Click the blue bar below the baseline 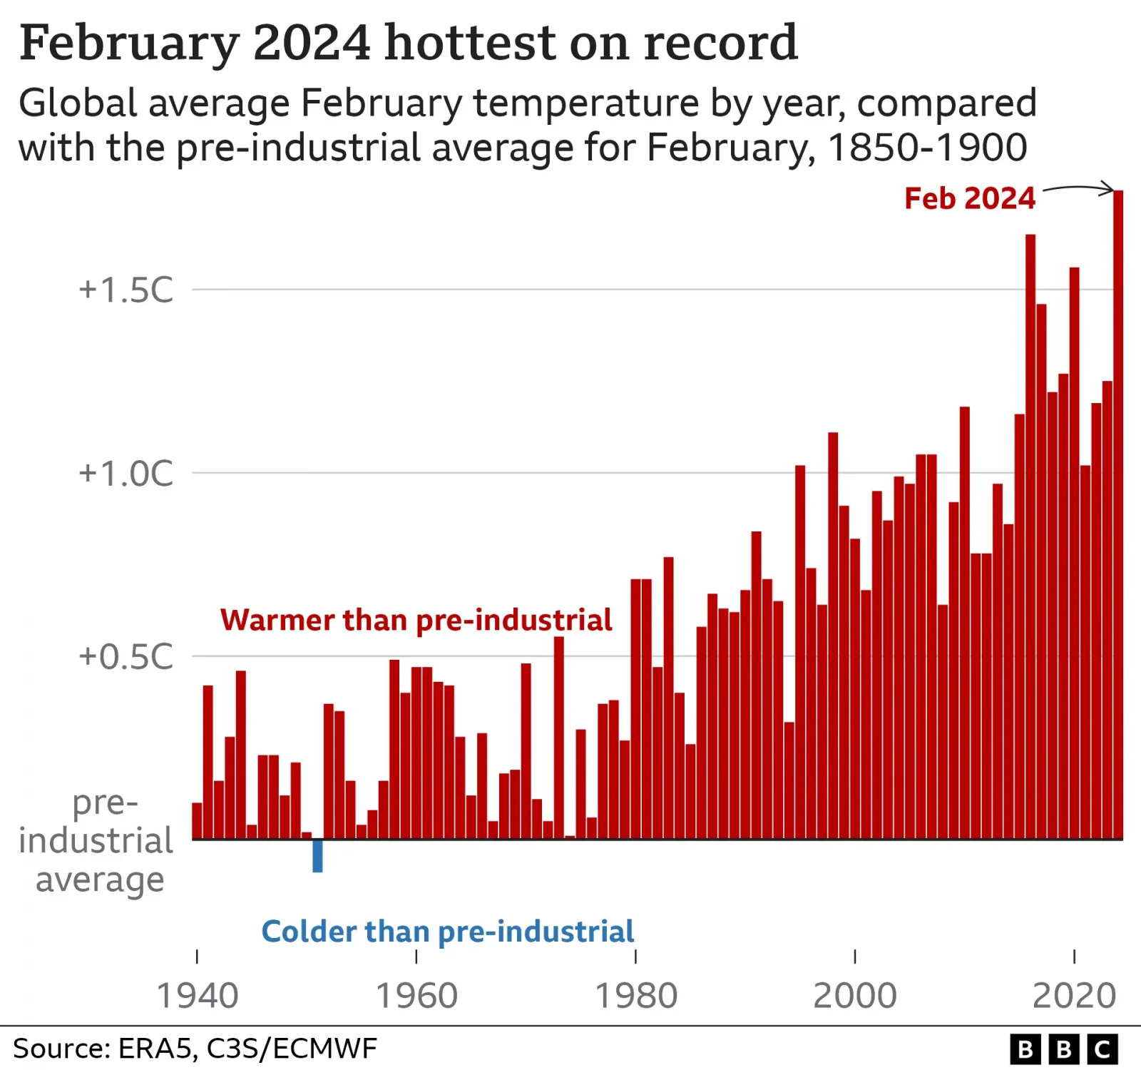317,855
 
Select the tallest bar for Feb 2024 1118,514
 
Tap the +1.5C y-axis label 126,290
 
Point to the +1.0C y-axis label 126,473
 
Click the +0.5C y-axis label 126,656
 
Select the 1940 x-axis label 197,996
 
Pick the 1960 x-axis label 416,996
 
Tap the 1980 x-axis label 635,996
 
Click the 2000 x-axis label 855,996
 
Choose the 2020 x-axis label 1074,996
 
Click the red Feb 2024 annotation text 969,198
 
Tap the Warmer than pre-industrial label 416,620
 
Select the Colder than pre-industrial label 448,932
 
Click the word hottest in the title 469,43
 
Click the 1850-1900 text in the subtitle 927,148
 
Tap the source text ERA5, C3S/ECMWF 247,1049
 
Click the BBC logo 1063,1049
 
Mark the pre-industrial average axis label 96,842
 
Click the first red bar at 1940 197,820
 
